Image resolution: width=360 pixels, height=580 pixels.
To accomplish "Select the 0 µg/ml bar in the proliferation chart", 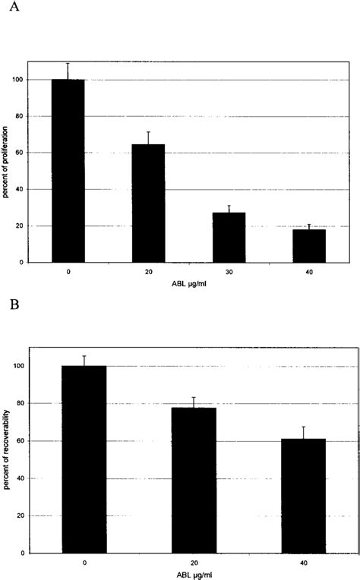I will tap(68, 171).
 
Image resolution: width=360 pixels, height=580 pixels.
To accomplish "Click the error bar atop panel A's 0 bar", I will tap(68, 71).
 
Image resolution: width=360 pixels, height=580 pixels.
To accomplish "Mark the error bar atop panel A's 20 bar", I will tap(149, 137).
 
